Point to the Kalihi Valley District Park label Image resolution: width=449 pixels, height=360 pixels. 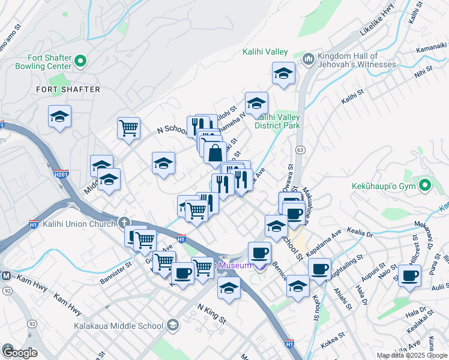coord(277,121)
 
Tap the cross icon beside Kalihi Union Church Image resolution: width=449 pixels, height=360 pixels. coord(124,223)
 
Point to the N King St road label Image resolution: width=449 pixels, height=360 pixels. coord(211,311)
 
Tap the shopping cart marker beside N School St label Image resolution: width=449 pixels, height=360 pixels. coord(129,128)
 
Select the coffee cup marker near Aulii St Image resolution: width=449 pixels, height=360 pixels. coord(409,276)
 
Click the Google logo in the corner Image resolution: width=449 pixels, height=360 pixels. coord(19,353)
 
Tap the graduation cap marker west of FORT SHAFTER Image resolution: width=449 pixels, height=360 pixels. coord(59,116)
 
